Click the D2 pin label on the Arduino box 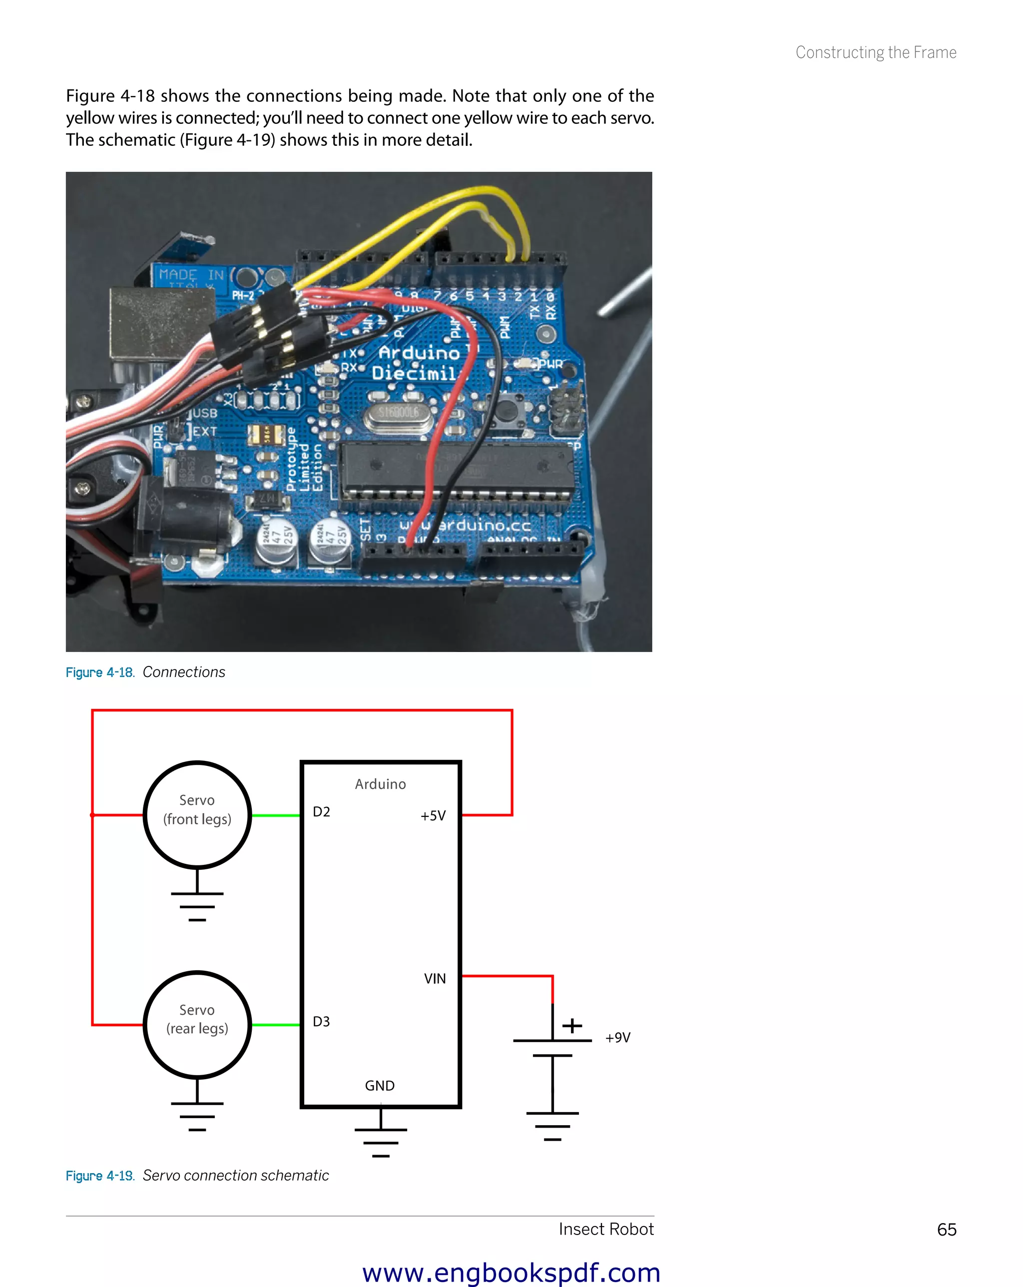point(321,812)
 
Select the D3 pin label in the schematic point(321,1021)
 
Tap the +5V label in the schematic point(433,815)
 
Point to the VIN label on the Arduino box point(435,978)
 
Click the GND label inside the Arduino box point(380,1085)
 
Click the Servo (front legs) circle point(197,814)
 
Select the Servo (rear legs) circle point(197,1024)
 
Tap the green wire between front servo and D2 point(276,815)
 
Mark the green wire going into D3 point(276,1025)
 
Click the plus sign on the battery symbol point(572,1026)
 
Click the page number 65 point(947,1230)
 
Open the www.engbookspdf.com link point(511,1272)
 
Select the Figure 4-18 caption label point(100,672)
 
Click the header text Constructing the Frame point(876,52)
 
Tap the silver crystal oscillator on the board point(398,414)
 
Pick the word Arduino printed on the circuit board point(420,352)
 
